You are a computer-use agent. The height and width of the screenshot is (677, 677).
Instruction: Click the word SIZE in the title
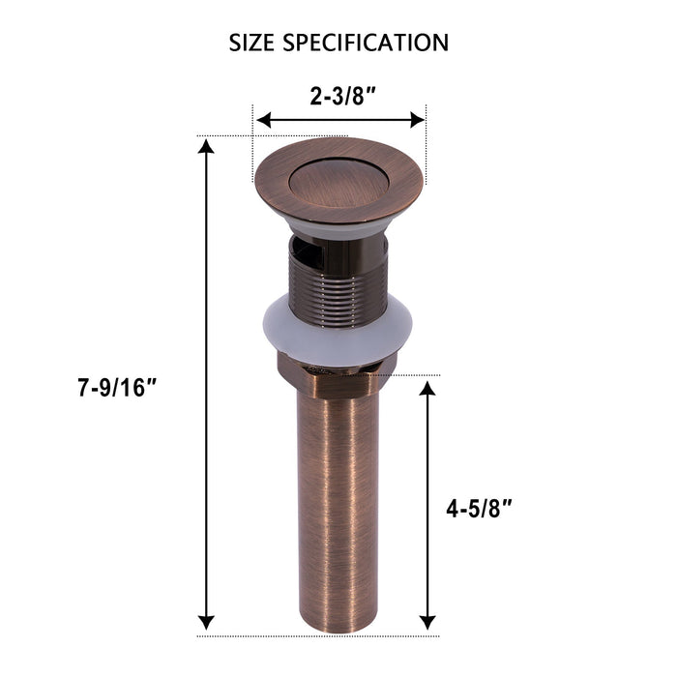click(x=253, y=43)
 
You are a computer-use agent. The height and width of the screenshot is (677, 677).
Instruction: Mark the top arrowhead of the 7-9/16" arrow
click(x=206, y=147)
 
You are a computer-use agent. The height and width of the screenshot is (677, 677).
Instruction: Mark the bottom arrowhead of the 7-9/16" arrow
click(x=206, y=622)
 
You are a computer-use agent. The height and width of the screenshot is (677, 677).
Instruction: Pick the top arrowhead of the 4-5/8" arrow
click(x=426, y=387)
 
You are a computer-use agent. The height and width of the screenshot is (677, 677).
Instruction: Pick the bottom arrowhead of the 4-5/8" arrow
click(x=426, y=622)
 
